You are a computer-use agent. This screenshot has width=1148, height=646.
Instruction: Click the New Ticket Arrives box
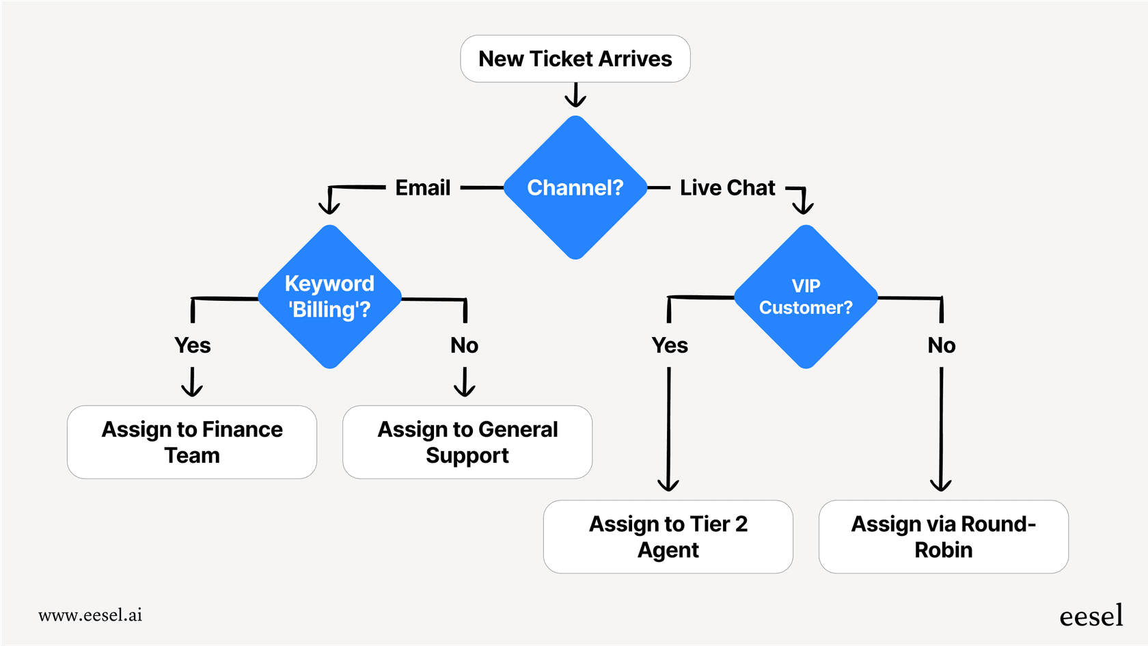click(x=575, y=59)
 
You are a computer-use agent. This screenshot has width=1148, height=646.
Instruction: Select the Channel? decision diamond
click(x=575, y=187)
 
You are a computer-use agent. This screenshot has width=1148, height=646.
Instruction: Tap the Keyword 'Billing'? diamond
click(x=329, y=297)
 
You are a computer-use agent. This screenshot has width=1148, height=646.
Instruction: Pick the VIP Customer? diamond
click(x=806, y=297)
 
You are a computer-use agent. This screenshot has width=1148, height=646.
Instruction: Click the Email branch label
click(x=422, y=187)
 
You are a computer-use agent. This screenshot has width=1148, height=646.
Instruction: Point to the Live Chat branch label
click(x=727, y=187)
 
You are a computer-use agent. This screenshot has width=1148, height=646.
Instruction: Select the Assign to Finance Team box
click(x=192, y=442)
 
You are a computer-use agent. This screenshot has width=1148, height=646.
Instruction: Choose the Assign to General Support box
click(x=467, y=442)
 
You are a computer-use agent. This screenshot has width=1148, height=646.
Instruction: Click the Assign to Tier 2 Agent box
click(x=668, y=537)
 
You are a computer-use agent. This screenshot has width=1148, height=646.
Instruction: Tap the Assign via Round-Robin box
click(x=943, y=537)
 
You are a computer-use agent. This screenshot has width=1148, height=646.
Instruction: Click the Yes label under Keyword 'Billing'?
click(x=192, y=345)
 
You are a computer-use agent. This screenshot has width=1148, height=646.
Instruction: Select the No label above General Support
click(x=464, y=345)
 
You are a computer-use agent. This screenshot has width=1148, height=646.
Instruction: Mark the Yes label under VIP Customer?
click(x=669, y=345)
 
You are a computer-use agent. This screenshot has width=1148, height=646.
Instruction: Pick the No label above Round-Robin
click(x=941, y=345)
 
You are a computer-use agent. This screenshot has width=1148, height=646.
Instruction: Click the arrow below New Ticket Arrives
click(x=575, y=96)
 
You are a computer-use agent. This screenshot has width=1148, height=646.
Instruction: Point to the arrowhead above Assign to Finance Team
click(x=192, y=390)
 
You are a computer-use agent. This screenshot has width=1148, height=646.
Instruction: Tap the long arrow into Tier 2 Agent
click(x=668, y=431)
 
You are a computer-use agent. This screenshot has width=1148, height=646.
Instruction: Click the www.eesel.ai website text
click(x=90, y=615)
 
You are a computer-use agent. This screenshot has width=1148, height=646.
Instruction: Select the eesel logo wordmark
click(x=1091, y=616)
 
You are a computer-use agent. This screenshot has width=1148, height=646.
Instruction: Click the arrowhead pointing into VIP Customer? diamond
click(x=803, y=207)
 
